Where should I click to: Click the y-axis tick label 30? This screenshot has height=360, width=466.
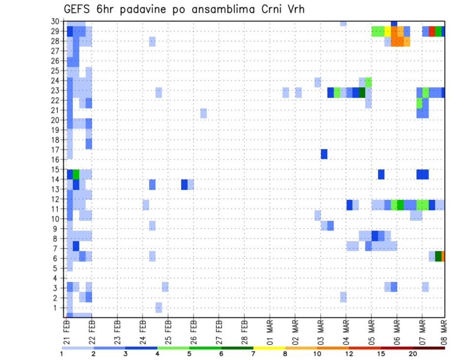(57, 21)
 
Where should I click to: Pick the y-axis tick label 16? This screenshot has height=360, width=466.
(57, 160)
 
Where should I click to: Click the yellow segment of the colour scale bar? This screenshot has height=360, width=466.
(269, 348)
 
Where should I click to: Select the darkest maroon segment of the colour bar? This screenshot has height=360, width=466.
(429, 348)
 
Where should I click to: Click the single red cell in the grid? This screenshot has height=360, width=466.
(432, 31)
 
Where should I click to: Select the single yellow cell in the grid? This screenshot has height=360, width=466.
(387, 31)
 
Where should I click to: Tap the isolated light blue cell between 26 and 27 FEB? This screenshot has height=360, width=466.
(203, 113)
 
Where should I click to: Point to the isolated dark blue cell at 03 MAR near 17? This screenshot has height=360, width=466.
(324, 154)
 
